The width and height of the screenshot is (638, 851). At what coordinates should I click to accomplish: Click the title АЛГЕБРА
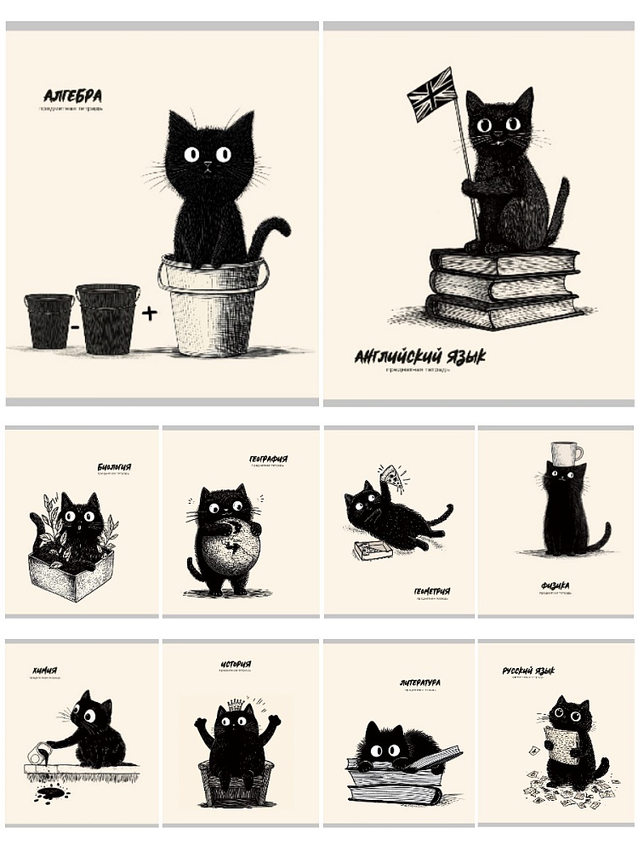pyautogui.click(x=72, y=96)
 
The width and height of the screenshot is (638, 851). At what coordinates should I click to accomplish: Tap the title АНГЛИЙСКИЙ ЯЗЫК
pyautogui.click(x=419, y=357)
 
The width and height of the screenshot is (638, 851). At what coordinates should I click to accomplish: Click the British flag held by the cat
pyautogui.click(x=432, y=94)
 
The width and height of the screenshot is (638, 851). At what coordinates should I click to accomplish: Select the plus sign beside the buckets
pyautogui.click(x=150, y=313)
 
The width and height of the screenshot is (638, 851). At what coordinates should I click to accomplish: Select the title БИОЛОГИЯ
pyautogui.click(x=114, y=467)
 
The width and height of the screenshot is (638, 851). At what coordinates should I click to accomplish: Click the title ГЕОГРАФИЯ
pyautogui.click(x=268, y=460)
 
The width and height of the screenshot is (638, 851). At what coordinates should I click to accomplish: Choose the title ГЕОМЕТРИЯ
pyautogui.click(x=433, y=591)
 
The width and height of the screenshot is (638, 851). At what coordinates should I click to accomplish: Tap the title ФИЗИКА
pyautogui.click(x=555, y=585)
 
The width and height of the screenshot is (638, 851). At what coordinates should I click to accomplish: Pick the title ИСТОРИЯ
pyautogui.click(x=234, y=664)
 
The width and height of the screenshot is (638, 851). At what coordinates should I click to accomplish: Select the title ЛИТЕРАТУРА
pyautogui.click(x=419, y=683)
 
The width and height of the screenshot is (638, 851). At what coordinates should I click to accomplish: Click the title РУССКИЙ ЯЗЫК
pyautogui.click(x=528, y=671)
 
